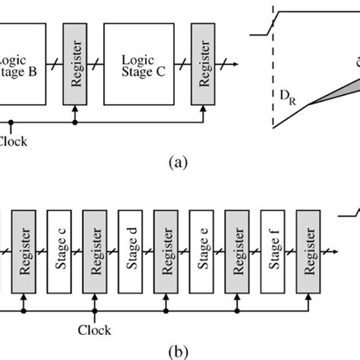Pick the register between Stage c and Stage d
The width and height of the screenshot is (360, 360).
97,247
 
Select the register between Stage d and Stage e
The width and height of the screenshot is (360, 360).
168,247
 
